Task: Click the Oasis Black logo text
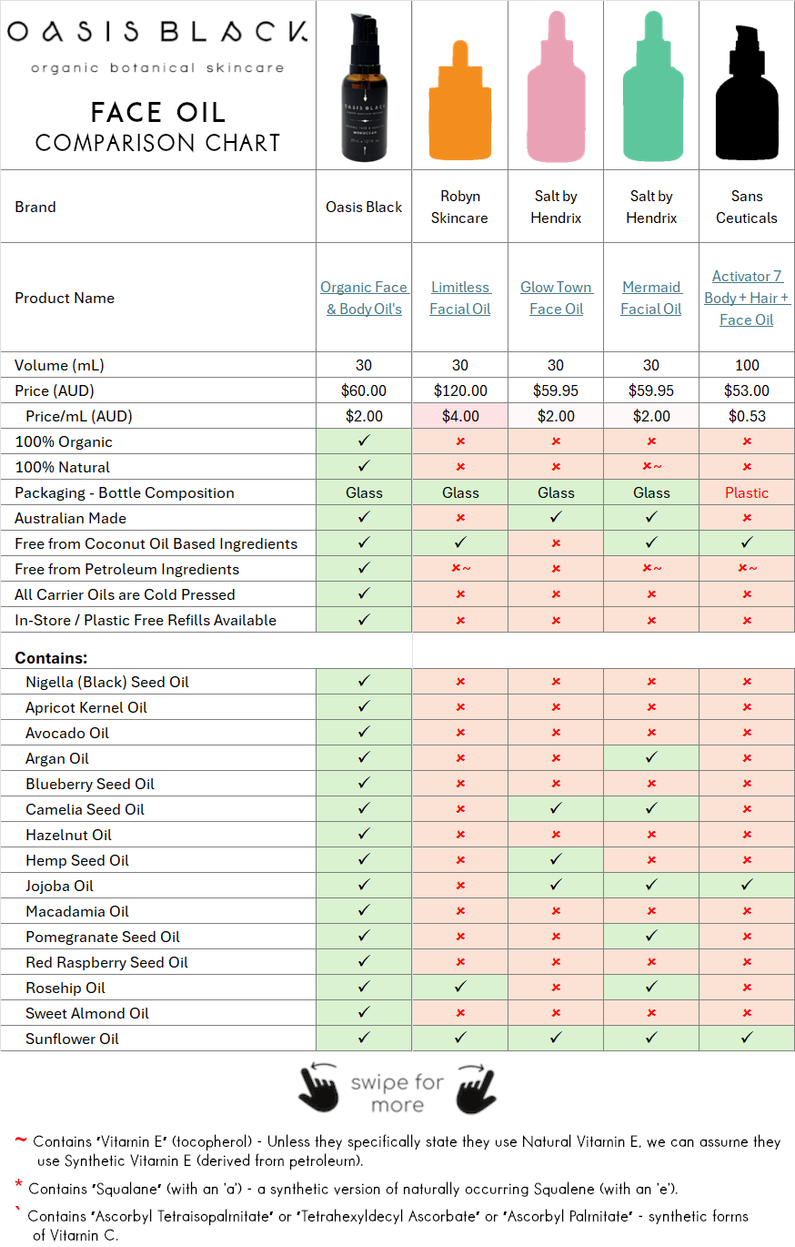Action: (x=156, y=33)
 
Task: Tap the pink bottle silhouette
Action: (x=556, y=91)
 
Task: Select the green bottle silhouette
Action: (x=651, y=91)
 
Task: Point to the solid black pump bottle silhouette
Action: (x=747, y=100)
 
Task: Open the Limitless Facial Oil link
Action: (x=460, y=298)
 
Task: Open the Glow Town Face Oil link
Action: (x=556, y=298)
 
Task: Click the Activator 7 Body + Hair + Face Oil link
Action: (x=747, y=298)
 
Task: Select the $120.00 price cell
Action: (x=460, y=390)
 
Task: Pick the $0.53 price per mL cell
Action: (x=747, y=416)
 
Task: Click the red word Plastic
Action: (x=747, y=492)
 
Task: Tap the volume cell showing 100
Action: (x=747, y=365)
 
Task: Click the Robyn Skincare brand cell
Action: (x=460, y=207)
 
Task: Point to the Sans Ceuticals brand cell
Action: (x=747, y=207)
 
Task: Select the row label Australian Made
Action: (x=70, y=518)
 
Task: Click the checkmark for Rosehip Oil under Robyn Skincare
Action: (x=460, y=988)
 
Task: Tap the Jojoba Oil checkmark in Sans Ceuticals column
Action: (x=747, y=886)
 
